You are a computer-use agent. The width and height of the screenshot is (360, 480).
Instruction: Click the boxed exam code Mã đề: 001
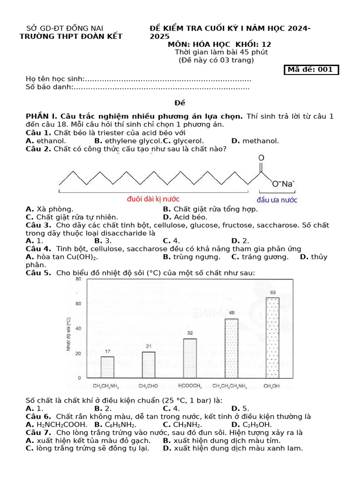(311, 70)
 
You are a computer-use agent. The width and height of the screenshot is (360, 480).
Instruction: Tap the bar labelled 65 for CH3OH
(272, 337)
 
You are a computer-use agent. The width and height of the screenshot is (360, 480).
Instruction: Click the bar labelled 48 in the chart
(232, 348)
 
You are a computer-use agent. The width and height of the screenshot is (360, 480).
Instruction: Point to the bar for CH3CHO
(149, 365)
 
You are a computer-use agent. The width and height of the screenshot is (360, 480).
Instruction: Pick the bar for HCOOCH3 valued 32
(190, 358)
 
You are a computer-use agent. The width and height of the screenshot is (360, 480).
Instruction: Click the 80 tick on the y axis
(78, 279)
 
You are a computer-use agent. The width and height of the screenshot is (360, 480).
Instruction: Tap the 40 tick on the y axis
(78, 329)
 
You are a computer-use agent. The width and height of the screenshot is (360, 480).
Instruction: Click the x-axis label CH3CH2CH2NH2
(232, 386)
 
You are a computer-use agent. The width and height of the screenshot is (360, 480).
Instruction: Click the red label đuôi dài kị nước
(153, 199)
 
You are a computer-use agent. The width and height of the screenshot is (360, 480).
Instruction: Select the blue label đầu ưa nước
(277, 199)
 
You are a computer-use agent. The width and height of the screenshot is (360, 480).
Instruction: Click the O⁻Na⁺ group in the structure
(284, 184)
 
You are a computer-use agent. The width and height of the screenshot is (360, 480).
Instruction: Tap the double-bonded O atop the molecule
(261, 158)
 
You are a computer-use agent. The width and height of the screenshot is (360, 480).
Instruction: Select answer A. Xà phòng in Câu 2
(49, 209)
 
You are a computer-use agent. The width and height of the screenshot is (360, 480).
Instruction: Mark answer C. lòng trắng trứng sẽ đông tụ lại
(87, 449)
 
